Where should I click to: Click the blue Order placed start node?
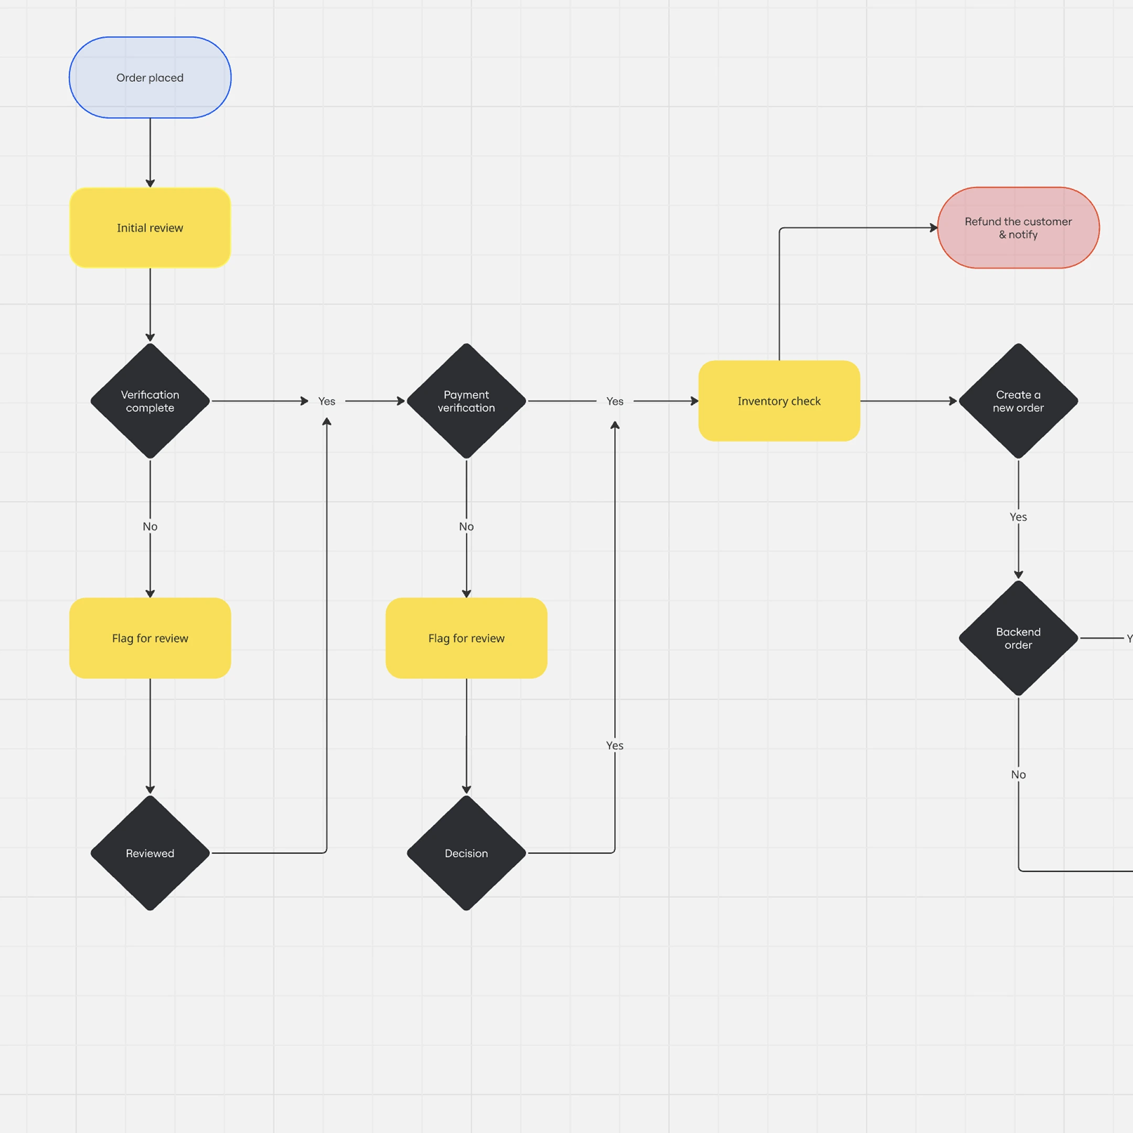point(150,78)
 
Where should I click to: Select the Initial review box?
point(150,228)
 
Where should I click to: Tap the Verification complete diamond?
point(150,401)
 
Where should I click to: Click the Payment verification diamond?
point(466,401)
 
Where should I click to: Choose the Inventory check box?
point(779,401)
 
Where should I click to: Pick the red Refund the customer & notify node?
point(1018,228)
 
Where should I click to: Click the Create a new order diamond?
point(1018,401)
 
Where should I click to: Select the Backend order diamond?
point(1018,638)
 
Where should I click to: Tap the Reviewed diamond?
point(150,853)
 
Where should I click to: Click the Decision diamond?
point(466,853)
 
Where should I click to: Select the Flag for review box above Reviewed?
point(150,638)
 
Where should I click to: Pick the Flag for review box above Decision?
point(466,638)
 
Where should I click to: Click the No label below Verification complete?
point(150,527)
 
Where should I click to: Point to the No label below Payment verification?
point(466,527)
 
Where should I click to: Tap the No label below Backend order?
point(1018,775)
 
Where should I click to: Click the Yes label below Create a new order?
point(1018,517)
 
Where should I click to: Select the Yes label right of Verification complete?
point(327,401)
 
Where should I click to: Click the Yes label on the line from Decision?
point(615,745)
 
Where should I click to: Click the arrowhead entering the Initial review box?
point(150,183)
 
